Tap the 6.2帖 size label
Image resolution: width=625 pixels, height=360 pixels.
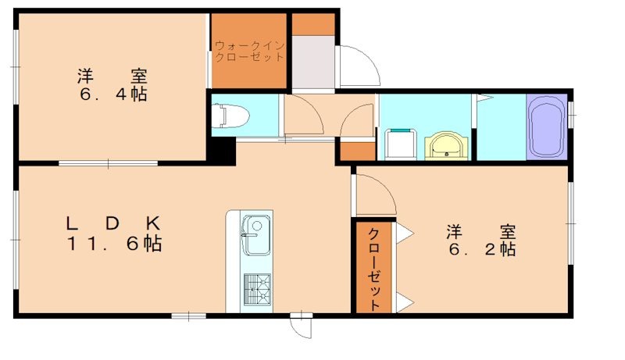[x=480, y=250]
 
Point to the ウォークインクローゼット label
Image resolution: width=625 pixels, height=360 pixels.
[x=250, y=52]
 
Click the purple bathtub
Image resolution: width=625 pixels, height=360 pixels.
[x=547, y=127]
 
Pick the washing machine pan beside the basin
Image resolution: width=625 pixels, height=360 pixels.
[x=402, y=144]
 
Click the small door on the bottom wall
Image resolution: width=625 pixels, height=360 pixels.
[x=300, y=323]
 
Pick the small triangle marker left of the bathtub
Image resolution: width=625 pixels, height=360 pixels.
[x=482, y=98]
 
